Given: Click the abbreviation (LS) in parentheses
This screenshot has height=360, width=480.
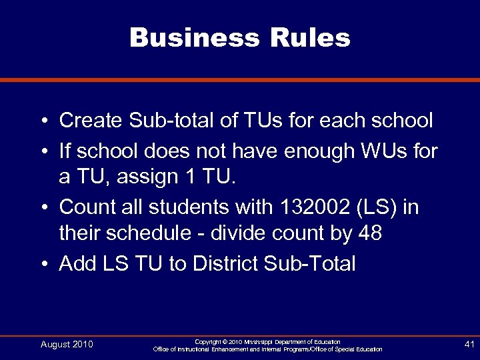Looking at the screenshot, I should [x=380, y=207].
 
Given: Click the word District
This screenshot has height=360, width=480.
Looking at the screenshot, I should [x=225, y=263].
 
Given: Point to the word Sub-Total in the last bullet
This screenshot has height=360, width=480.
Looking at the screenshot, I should [x=311, y=263].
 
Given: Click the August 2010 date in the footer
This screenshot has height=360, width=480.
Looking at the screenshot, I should [x=67, y=344].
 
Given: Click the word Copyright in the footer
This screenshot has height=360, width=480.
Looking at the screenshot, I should [x=209, y=341].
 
